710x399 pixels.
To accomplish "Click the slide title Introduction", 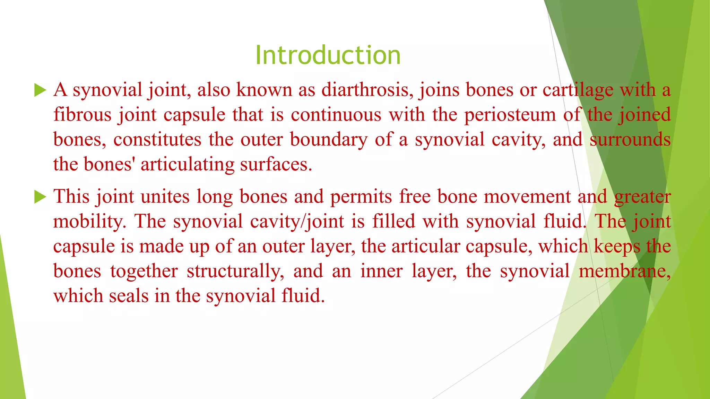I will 328,55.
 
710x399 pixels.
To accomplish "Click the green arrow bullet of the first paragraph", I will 40,91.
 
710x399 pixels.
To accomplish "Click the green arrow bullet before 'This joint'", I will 40,197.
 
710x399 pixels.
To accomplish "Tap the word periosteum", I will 510,115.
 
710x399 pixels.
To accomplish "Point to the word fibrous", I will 83,115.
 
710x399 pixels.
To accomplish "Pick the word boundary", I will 328,140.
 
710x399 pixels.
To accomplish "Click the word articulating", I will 187,165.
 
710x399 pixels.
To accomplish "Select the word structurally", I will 235,272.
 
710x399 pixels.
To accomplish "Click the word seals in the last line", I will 129,296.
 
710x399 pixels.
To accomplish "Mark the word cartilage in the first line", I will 578,90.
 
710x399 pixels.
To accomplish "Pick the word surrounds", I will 630,140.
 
